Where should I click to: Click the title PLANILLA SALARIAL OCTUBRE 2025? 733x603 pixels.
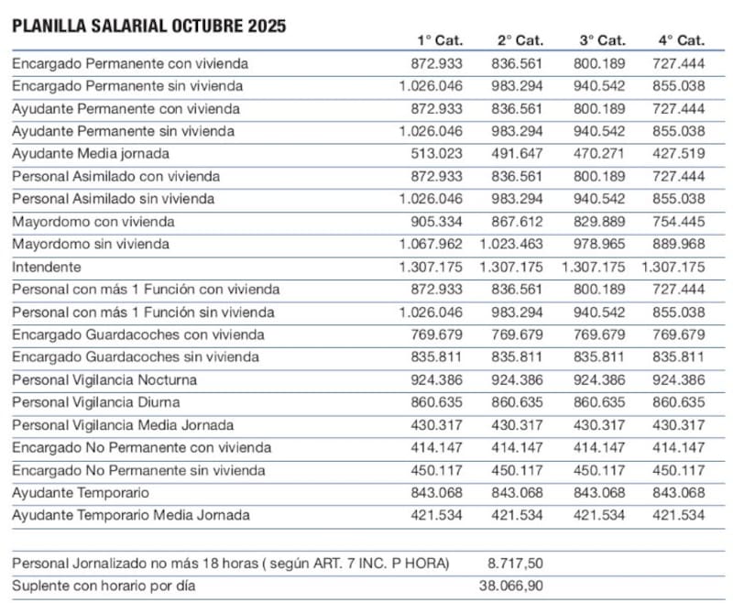[148, 26]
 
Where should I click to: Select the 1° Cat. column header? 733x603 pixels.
[440, 40]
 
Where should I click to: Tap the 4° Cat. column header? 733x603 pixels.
[681, 40]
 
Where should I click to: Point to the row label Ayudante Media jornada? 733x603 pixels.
[91, 153]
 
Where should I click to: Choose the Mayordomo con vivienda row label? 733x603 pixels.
[93, 222]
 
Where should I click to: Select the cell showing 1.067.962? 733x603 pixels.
[431, 245]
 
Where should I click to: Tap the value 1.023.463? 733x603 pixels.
[510, 245]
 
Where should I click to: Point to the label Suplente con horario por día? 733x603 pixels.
[104, 586]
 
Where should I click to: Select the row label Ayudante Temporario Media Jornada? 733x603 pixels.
[130, 515]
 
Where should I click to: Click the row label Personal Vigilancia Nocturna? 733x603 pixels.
[104, 379]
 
